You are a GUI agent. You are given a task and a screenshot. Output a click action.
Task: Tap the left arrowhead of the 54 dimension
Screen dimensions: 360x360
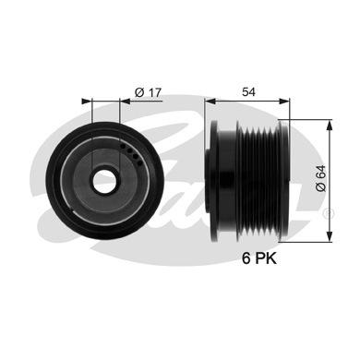(x=210, y=101)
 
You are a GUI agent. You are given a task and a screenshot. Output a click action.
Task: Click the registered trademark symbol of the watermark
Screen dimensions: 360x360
(x=330, y=213)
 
